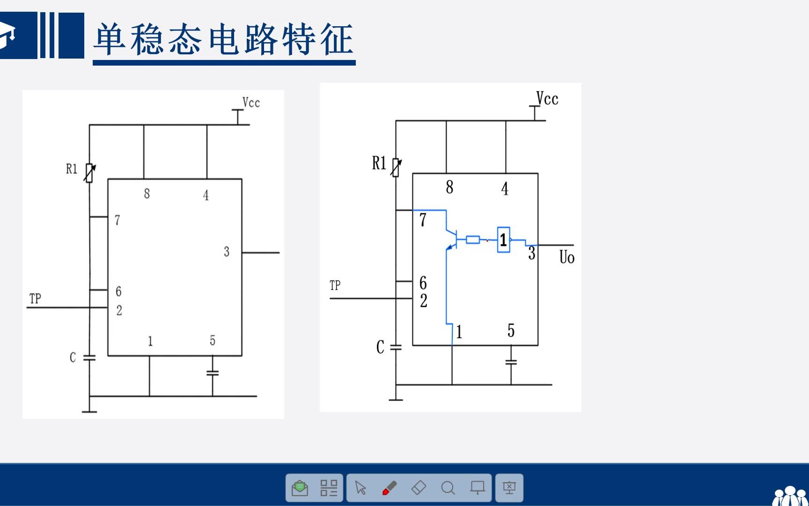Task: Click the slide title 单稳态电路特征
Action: [223, 39]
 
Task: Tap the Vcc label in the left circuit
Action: [251, 103]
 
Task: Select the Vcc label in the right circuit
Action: [547, 99]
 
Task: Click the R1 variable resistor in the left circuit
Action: [89, 173]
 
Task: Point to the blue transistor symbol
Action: [451, 239]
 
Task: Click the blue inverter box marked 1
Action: [503, 240]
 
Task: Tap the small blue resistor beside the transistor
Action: [473, 240]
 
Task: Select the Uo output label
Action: [566, 257]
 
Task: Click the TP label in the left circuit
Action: [35, 298]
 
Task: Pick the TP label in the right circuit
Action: [335, 285]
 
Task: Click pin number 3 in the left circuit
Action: [227, 252]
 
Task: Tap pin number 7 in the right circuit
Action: [423, 220]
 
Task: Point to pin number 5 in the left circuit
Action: [213, 340]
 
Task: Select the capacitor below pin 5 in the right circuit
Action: [511, 362]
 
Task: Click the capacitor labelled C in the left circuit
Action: [89, 358]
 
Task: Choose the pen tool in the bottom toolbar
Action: [390, 488]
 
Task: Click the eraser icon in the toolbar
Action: [419, 488]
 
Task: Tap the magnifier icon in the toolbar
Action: [448, 488]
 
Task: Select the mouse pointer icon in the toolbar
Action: [360, 488]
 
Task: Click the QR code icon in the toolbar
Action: [329, 488]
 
